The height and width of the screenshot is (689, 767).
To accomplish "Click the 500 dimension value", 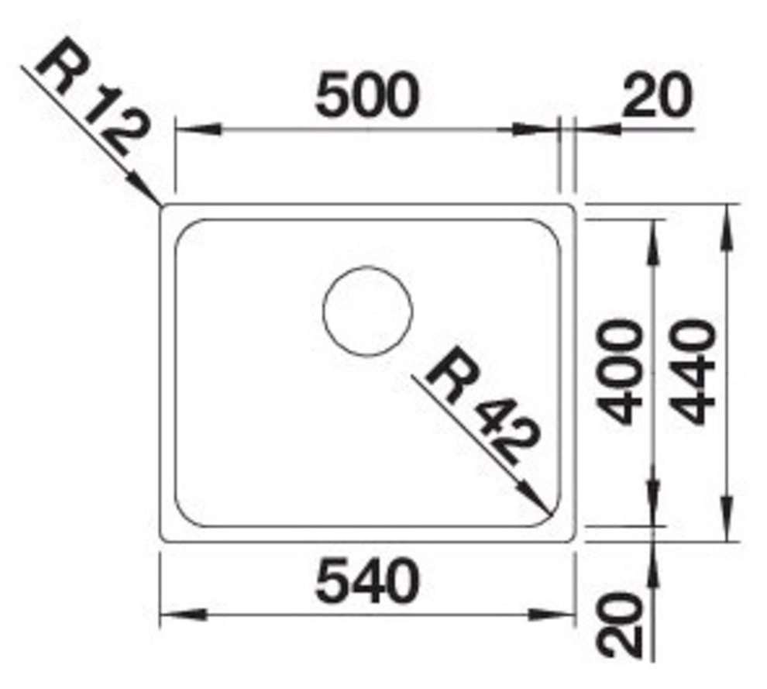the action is pyautogui.click(x=367, y=95).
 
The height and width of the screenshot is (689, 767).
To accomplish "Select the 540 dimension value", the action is pyautogui.click(x=367, y=582).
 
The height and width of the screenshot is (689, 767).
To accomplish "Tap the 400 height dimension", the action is pyautogui.click(x=619, y=372).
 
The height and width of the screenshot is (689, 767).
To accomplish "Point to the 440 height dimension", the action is pyautogui.click(x=694, y=372).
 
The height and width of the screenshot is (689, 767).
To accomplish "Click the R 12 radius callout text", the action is pyautogui.click(x=92, y=97).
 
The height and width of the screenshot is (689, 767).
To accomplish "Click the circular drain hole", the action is pyautogui.click(x=367, y=311).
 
